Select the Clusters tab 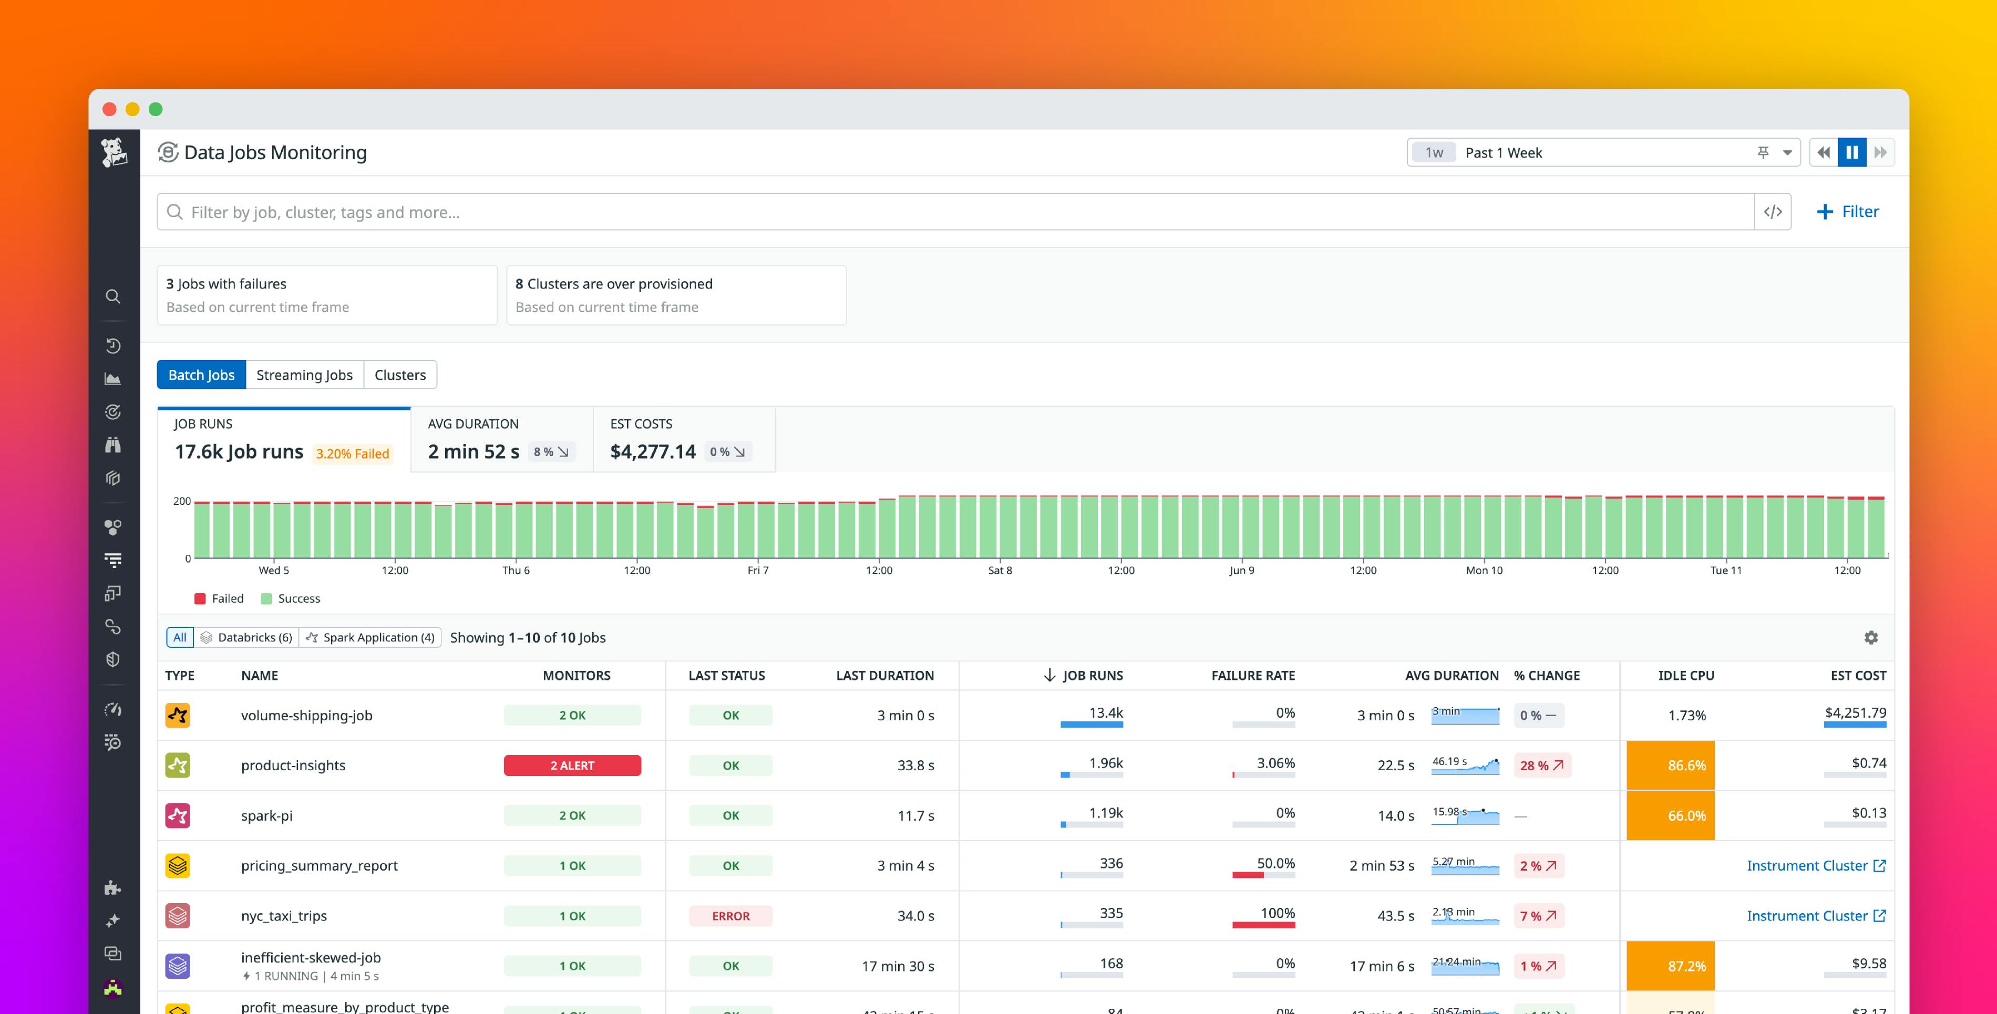(400, 375)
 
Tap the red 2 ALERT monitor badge (572, 765)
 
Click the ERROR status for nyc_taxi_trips (730, 916)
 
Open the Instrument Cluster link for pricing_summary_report (1815, 865)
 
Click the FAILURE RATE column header (1253, 675)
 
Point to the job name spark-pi (266, 815)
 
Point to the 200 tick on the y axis (181, 502)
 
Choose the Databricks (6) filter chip (246, 637)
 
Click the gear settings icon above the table (1871, 637)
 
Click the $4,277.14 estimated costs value (653, 451)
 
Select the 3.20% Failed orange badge (352, 453)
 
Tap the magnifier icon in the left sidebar (113, 297)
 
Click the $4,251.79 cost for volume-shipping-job (1855, 712)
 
